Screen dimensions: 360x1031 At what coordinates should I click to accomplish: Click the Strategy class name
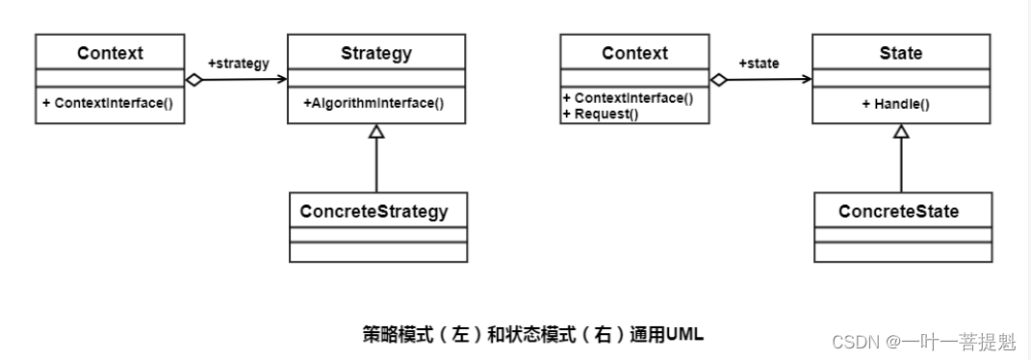pos(377,53)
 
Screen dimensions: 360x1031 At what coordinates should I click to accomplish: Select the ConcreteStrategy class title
pos(374,211)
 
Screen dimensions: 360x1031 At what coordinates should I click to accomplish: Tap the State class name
pos(901,53)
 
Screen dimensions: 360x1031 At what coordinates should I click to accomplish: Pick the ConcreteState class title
pos(898,211)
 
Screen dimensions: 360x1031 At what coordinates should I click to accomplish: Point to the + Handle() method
pos(896,104)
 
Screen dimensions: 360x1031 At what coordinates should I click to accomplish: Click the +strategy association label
pos(238,64)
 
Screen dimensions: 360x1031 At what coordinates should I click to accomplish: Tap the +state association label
pos(759,64)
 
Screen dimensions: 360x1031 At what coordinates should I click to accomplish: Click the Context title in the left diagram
pos(110,53)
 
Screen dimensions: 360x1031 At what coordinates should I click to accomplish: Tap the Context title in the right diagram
pos(634,53)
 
